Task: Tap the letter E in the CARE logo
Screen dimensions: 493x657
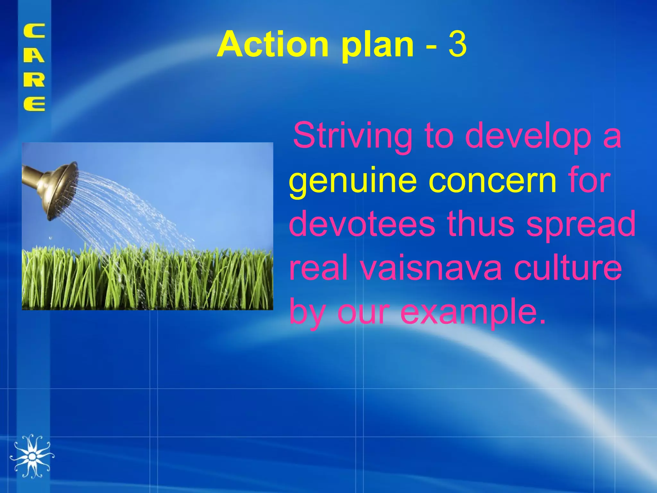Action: point(34,104)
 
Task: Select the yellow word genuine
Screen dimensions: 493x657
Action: point(353,181)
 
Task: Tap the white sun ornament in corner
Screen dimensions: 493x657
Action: point(32,456)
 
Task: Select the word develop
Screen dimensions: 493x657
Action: point(528,136)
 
